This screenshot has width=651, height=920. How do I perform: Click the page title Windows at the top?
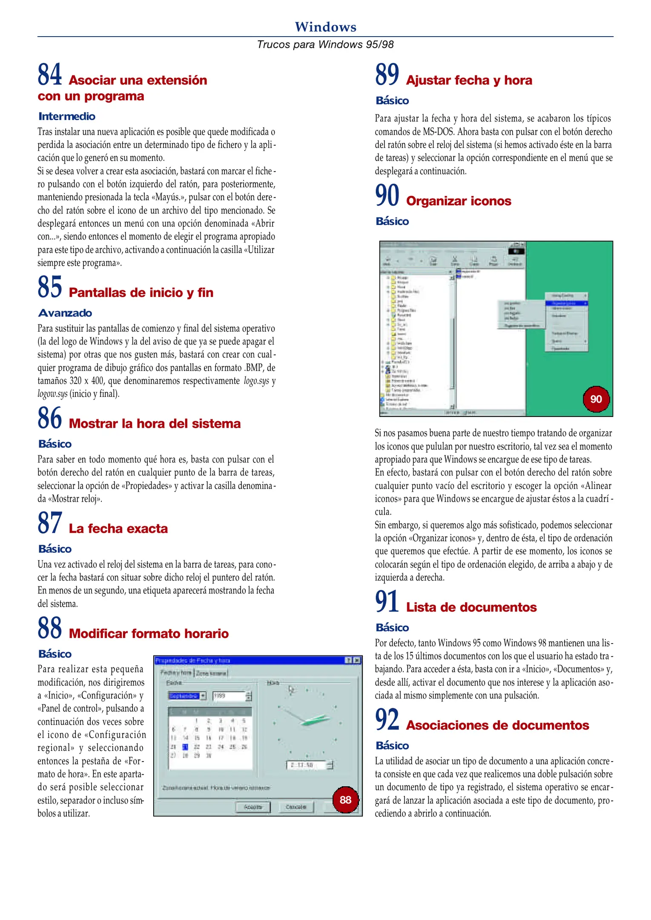click(x=325, y=27)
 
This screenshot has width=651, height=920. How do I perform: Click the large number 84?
click(x=50, y=75)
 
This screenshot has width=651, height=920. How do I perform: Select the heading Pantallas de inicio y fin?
click(x=141, y=293)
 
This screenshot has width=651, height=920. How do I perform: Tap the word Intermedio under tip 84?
click(x=67, y=116)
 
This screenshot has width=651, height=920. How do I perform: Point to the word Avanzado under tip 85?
click(x=65, y=313)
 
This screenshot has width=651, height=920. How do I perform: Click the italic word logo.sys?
click(x=256, y=381)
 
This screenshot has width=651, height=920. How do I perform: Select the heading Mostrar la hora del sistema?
click(x=155, y=423)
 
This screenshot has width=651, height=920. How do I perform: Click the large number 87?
click(x=50, y=523)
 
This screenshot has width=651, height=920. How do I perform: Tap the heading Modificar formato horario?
click(x=149, y=633)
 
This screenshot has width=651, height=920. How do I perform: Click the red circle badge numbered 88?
click(x=345, y=799)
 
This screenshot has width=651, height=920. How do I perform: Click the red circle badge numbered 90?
click(x=596, y=399)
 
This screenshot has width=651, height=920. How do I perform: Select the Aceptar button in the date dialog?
click(x=253, y=807)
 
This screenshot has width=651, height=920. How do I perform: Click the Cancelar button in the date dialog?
click(x=296, y=807)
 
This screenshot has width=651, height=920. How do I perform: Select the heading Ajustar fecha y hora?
click(x=469, y=80)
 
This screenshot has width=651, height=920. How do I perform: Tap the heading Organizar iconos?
click(x=459, y=201)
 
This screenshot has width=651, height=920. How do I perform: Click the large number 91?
click(x=387, y=602)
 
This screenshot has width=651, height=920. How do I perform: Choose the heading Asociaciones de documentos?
click(x=497, y=725)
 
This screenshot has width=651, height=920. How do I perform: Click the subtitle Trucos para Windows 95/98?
click(x=325, y=44)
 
